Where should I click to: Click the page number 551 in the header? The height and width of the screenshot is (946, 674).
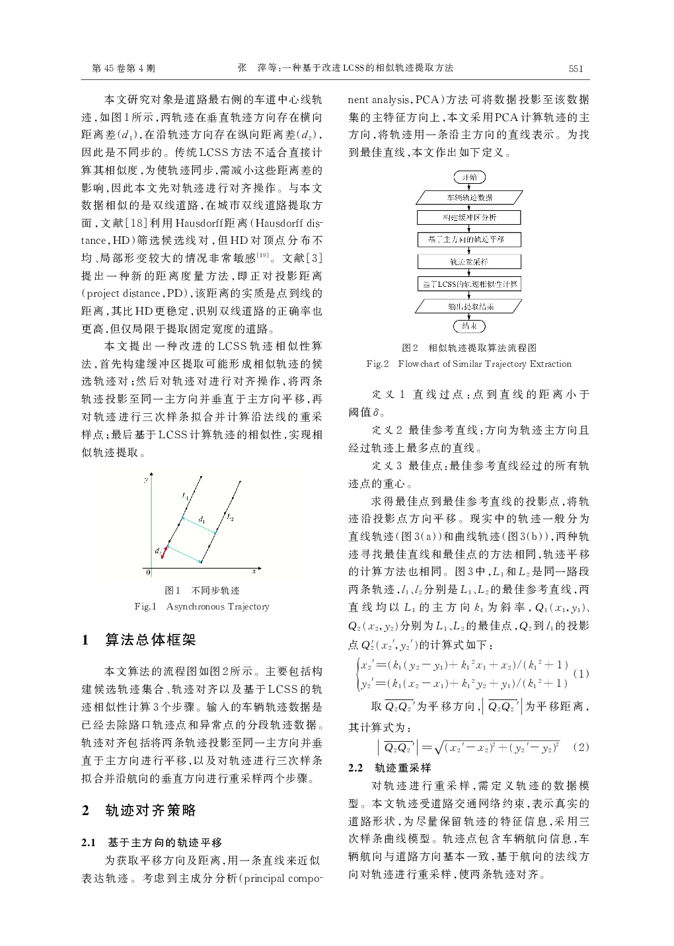(x=576, y=68)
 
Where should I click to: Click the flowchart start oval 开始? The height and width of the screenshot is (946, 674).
(x=469, y=177)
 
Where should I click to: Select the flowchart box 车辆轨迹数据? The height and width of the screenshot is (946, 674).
(x=469, y=197)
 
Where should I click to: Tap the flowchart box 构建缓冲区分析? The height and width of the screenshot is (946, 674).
(x=469, y=217)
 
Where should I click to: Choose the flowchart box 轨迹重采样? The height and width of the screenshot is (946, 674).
(x=469, y=261)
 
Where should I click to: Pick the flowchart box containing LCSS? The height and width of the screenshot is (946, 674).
(x=469, y=284)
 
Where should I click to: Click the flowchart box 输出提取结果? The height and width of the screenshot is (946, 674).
(x=469, y=306)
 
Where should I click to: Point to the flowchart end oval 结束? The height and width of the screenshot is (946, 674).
(x=469, y=326)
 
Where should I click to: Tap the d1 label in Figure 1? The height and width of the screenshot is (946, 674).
(x=202, y=518)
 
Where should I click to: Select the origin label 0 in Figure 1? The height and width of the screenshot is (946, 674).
(x=148, y=572)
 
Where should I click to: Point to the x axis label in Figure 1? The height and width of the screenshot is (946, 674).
(x=253, y=570)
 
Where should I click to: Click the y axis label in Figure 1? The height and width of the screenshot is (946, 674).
(x=145, y=479)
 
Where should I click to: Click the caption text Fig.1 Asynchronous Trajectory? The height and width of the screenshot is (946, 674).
(x=202, y=606)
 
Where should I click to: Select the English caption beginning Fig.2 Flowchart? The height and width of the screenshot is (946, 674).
(x=468, y=364)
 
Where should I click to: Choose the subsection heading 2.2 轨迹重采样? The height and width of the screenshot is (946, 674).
(x=390, y=768)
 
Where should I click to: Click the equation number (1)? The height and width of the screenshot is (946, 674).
(x=581, y=674)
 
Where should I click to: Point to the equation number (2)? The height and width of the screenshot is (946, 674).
(x=581, y=747)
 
